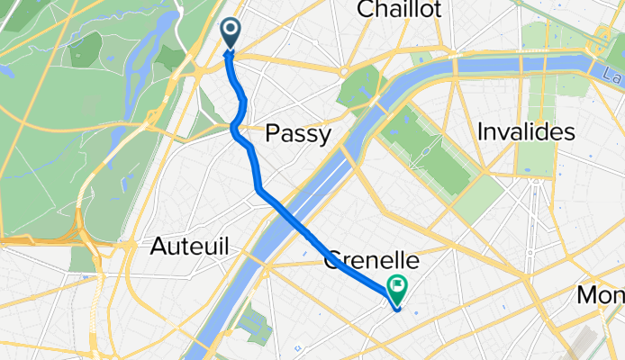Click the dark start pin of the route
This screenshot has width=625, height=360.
[231, 33]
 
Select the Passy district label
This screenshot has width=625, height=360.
[298, 134]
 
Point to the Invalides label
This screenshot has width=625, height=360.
[526, 132]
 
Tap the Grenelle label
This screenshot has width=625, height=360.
[371, 261]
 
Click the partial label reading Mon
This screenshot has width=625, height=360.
[601, 295]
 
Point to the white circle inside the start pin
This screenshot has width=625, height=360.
[231, 31]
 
